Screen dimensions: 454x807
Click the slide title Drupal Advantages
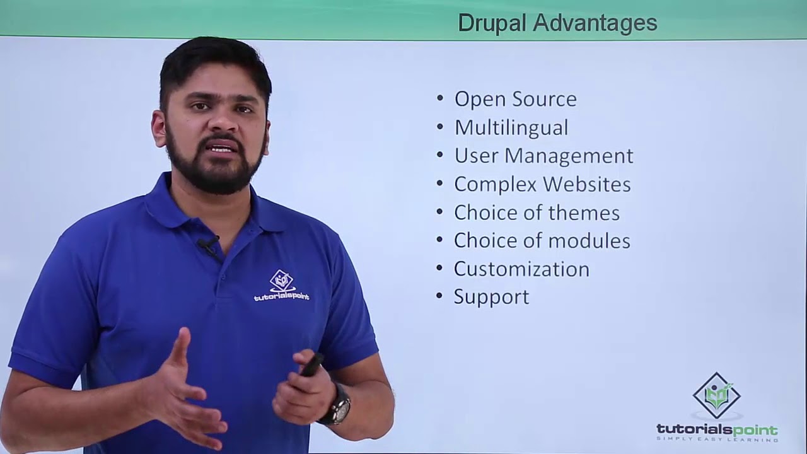coord(557,23)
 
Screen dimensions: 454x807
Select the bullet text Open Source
coord(515,99)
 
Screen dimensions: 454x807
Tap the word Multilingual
coord(511,127)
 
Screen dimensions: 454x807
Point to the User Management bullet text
coord(543,156)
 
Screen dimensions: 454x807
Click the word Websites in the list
coord(586,184)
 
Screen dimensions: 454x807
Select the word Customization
coord(521,269)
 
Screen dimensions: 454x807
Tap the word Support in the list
coord(491,297)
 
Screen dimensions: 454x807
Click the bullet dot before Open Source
coord(440,99)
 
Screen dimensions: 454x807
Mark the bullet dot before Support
coord(440,297)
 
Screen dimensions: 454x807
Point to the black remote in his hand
coord(312,364)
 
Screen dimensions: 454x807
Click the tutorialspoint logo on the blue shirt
coord(282,286)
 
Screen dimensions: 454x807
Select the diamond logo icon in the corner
coord(717,395)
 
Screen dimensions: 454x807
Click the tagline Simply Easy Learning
coord(717,439)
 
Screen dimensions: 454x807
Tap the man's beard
coord(214,173)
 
